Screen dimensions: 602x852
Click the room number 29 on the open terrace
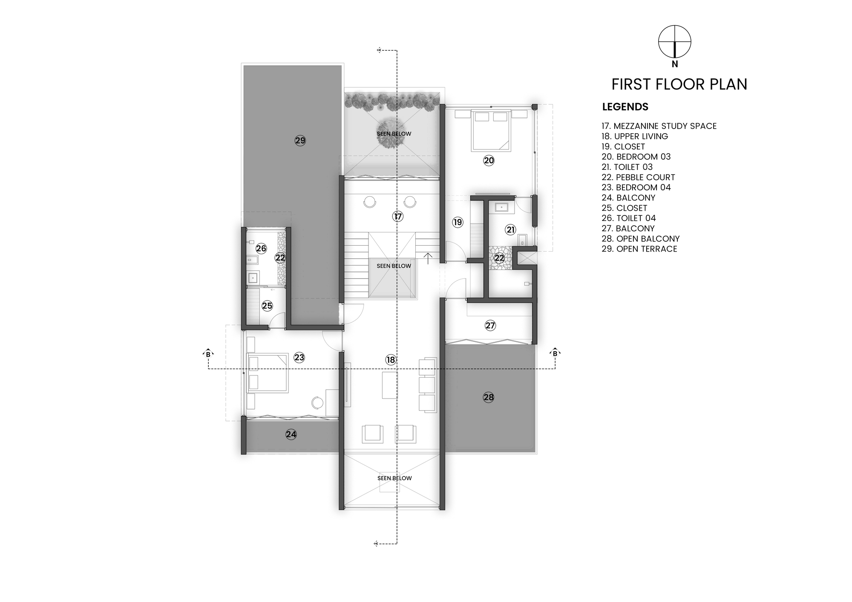point(300,140)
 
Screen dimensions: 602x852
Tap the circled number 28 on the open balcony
point(488,397)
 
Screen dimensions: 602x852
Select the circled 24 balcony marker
point(291,434)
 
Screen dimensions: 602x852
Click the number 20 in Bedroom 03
point(489,161)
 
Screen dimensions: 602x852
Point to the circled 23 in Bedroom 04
point(299,357)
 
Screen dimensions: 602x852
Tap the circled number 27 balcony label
point(490,326)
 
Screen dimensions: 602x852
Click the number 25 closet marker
point(267,306)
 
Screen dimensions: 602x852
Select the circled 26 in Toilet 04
point(261,249)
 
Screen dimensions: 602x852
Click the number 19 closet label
point(458,222)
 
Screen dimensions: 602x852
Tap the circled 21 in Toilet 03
point(510,230)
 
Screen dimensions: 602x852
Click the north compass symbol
point(674,42)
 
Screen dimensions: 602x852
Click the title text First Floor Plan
point(679,84)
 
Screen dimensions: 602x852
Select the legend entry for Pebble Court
point(638,177)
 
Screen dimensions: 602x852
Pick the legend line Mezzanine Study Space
point(659,126)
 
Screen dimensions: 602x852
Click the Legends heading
point(625,107)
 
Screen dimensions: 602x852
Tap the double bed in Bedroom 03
point(491,130)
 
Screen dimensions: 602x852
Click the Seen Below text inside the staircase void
point(394,266)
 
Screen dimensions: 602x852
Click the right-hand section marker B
point(555,353)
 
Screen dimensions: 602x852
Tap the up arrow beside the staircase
point(428,256)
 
